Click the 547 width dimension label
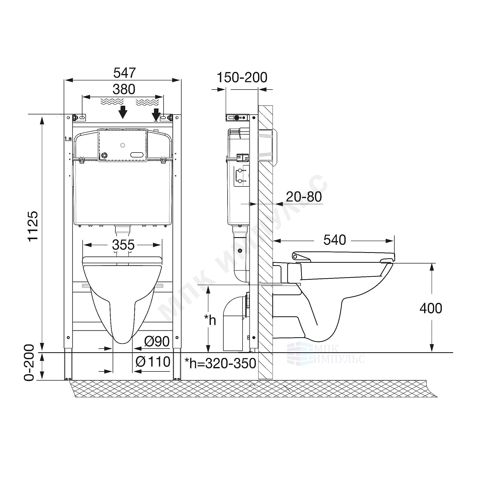point(124,73)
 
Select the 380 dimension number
point(124,89)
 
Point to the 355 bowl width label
point(123,245)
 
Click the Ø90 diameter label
point(157,342)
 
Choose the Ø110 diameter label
point(153,362)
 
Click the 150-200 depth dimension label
point(242,77)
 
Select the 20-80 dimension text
point(304,197)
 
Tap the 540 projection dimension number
point(335,240)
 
